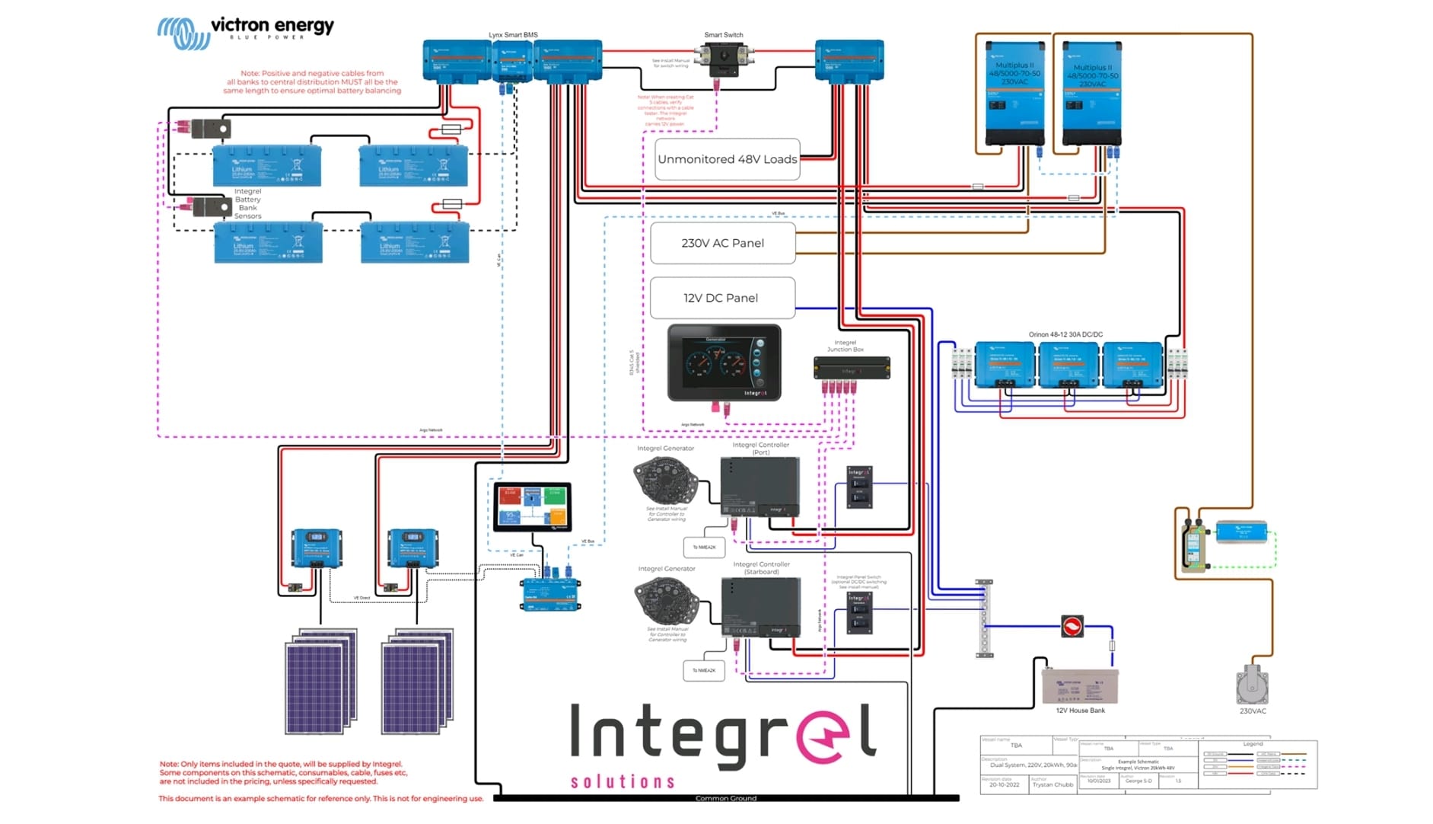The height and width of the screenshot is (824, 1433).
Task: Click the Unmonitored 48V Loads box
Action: click(x=727, y=159)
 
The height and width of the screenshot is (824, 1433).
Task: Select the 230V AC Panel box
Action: click(x=722, y=243)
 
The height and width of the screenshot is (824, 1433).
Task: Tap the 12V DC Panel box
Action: click(x=721, y=298)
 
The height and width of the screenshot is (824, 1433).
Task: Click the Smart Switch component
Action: click(x=724, y=59)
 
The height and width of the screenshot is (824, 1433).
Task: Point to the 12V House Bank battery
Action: click(x=1080, y=685)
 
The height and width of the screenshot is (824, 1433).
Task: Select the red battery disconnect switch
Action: click(x=1072, y=627)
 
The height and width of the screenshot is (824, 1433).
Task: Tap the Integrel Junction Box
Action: click(x=852, y=369)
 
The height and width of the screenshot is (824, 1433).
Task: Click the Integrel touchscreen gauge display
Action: click(x=724, y=362)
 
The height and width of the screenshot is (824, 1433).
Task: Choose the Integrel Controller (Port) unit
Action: click(x=759, y=486)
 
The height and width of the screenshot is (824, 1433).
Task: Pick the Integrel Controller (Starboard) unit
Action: click(x=760, y=606)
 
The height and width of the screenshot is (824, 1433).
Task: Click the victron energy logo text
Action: click(x=272, y=26)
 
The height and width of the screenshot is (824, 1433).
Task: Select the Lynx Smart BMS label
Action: click(x=513, y=35)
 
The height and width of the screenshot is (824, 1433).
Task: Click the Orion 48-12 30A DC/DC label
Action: click(x=1065, y=334)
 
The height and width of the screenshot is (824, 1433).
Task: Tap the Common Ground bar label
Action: click(x=725, y=798)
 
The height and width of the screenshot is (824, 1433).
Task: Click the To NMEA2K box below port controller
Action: click(x=703, y=547)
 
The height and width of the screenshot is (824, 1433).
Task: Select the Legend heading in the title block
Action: click(x=1253, y=744)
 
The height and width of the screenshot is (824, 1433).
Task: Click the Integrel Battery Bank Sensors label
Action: click(x=247, y=204)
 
